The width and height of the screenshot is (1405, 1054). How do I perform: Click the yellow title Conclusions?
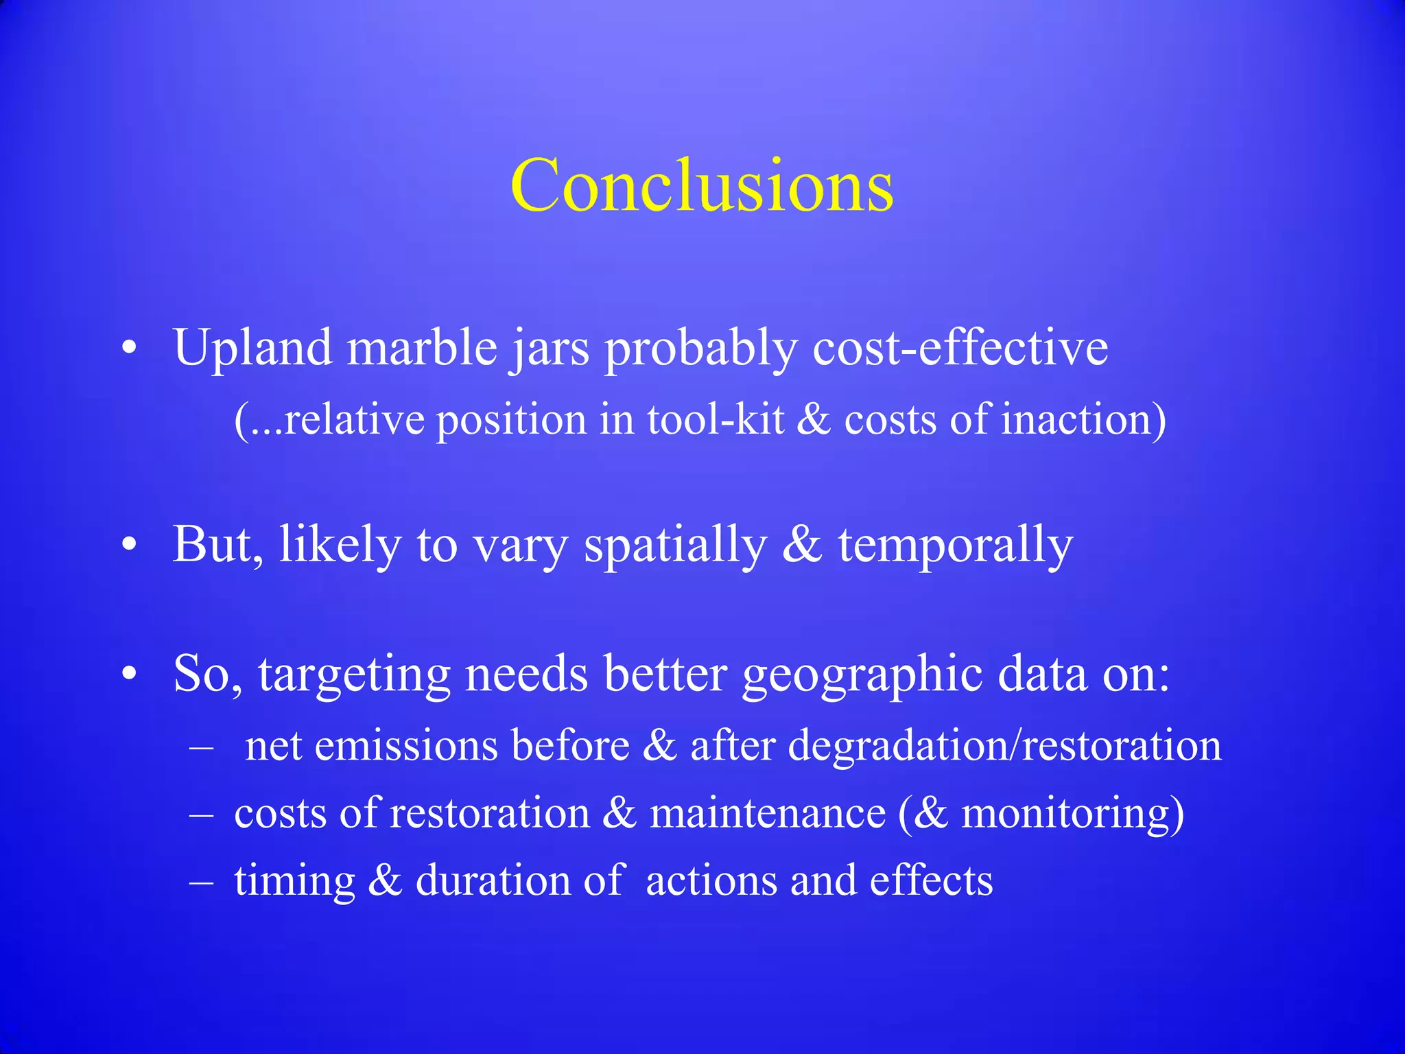pos(702,185)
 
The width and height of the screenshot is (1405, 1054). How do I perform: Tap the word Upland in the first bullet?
pos(252,349)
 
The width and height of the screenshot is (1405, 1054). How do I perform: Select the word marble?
pos(422,347)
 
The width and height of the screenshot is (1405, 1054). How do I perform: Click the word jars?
pos(550,349)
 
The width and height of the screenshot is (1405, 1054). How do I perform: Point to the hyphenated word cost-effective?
pos(960,347)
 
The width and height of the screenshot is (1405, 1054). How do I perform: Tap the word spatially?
pos(675,546)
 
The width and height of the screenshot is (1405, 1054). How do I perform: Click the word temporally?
pos(955,546)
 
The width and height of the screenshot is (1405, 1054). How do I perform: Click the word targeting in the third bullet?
pos(354,675)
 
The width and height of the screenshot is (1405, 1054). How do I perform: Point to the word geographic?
pos(862,675)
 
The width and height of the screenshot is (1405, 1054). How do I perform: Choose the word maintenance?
pos(768,813)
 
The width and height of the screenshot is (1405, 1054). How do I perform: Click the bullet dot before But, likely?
pos(129,546)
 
